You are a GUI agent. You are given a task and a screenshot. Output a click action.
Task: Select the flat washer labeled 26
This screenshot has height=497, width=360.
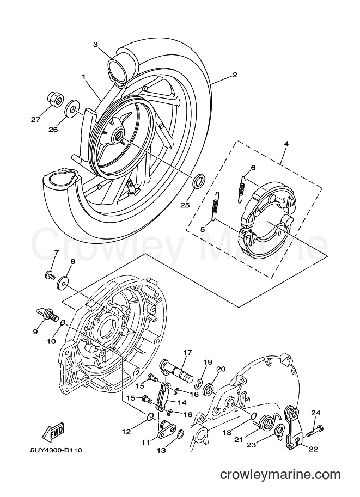pos(72,109)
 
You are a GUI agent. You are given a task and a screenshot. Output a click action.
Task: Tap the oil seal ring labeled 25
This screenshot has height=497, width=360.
pos(199,181)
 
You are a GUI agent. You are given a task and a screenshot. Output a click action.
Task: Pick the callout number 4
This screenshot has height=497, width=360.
pos(286,144)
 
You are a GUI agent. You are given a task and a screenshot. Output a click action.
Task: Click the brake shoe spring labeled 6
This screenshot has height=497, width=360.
pos(243,188)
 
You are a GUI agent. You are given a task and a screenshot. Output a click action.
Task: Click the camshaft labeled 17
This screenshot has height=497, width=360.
pos(178,371)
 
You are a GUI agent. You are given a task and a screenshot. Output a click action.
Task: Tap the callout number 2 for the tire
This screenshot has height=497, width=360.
pos(235,75)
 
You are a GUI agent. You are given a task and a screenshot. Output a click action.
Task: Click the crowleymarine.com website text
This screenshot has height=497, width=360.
pos(280,475)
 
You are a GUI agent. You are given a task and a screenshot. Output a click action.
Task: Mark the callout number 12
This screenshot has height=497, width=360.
pos(126,432)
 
